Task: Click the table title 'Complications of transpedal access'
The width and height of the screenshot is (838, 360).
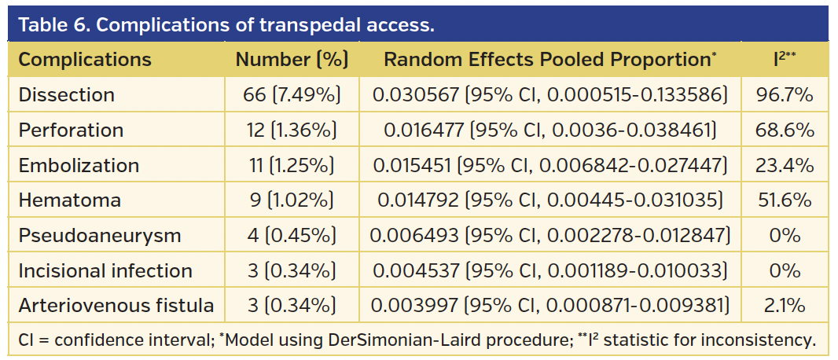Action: pyautogui.click(x=226, y=24)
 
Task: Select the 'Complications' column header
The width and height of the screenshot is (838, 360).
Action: pyautogui.click(x=85, y=60)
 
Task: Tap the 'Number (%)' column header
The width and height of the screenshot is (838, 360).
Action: pyautogui.click(x=292, y=60)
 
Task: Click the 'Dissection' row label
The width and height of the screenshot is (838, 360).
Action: pyautogui.click(x=67, y=95)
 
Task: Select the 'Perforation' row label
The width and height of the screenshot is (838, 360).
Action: pyautogui.click(x=71, y=130)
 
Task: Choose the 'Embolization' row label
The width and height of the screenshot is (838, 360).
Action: pyautogui.click(x=79, y=166)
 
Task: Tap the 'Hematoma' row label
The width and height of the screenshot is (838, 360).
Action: pyautogui.click(x=70, y=200)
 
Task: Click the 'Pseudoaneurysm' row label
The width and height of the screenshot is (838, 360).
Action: pyautogui.click(x=100, y=236)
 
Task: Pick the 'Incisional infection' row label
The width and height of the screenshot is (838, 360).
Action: pyautogui.click(x=105, y=271)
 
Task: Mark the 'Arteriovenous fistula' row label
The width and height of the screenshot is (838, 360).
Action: pyautogui.click(x=116, y=306)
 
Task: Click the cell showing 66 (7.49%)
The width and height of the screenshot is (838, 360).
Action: pyautogui.click(x=292, y=95)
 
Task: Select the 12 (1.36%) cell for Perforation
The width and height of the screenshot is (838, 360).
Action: pyautogui.click(x=292, y=130)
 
